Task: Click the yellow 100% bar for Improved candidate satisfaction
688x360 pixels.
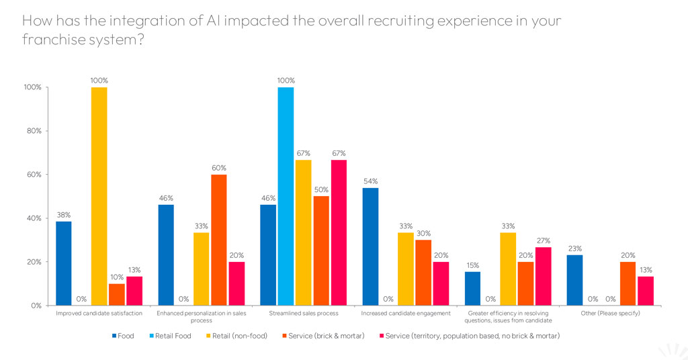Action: tap(99, 196)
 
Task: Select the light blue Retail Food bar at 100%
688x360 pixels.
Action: tap(286, 196)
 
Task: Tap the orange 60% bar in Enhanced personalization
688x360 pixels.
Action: tap(219, 240)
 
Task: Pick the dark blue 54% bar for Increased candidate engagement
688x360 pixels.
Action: tap(370, 246)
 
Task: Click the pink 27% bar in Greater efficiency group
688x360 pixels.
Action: tap(543, 276)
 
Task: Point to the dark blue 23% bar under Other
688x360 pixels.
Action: tap(575, 280)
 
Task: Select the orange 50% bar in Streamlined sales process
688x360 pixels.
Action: tap(321, 251)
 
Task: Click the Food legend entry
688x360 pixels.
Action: tap(123, 336)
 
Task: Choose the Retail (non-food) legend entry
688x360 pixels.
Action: tap(236, 336)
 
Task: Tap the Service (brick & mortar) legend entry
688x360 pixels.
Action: tap(323, 336)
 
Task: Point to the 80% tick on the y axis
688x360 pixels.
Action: tap(32, 131)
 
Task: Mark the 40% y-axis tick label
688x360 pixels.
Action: tap(32, 218)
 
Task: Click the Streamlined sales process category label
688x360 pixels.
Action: tap(304, 313)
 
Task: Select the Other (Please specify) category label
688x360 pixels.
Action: tap(610, 313)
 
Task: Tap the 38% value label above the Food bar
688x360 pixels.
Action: tap(64, 215)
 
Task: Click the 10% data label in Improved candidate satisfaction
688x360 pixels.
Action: tap(117, 277)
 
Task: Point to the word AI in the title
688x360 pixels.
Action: tap(213, 21)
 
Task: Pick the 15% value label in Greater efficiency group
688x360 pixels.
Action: tap(473, 265)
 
